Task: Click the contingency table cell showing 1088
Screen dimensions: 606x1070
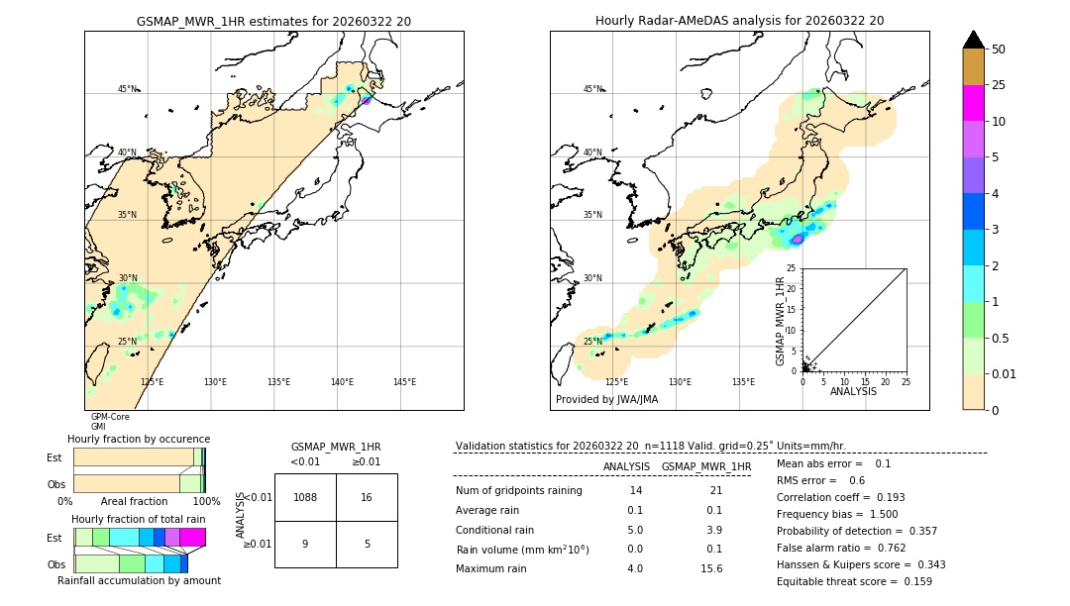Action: tap(305, 497)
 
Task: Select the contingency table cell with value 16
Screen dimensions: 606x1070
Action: tap(367, 497)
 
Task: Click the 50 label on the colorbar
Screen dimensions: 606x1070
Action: tap(999, 50)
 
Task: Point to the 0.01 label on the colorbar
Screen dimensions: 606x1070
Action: tap(1005, 373)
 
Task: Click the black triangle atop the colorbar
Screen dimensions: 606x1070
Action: tap(974, 40)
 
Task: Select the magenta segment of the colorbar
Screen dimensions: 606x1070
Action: tap(974, 103)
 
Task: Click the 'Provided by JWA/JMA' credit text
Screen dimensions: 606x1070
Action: tap(606, 400)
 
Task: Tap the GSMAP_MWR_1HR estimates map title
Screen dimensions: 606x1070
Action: tap(273, 21)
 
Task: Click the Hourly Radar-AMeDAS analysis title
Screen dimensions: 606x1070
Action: tap(739, 21)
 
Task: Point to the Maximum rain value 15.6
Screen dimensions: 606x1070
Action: tap(711, 568)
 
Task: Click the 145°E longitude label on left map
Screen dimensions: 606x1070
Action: tap(404, 382)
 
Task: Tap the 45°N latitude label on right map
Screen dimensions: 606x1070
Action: tap(592, 89)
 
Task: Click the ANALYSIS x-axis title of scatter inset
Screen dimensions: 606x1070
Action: tap(853, 391)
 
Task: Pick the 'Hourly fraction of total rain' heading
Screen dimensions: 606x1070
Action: tap(139, 519)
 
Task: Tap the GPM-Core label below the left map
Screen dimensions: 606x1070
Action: tap(110, 417)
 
